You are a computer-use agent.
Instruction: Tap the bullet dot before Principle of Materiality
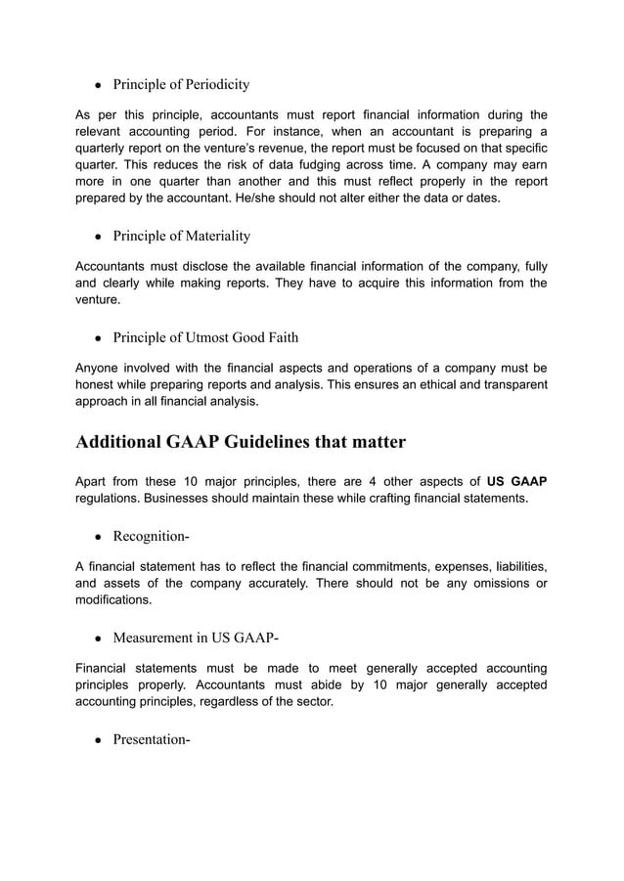point(99,237)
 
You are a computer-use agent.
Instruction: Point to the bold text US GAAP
point(516,481)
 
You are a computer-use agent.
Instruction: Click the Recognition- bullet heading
point(151,536)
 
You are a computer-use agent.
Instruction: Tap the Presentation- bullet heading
point(151,739)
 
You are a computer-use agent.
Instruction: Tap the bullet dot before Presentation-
point(99,740)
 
